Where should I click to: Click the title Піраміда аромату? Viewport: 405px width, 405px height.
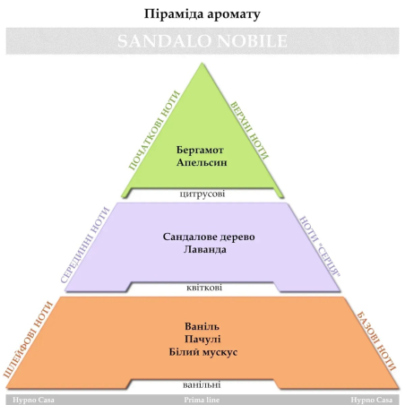[x=202, y=14]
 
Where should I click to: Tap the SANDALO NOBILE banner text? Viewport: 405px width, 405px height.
[x=202, y=41]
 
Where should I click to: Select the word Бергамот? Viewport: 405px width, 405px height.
[x=200, y=150]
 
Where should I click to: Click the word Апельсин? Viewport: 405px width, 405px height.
[x=202, y=162]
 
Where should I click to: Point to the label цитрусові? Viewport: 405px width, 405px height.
[x=202, y=194]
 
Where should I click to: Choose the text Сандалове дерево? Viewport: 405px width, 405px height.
[x=209, y=237]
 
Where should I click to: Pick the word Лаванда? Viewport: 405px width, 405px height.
[x=205, y=249]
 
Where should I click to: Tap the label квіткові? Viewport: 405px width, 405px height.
[x=204, y=288]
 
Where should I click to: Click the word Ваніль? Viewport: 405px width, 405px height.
[x=202, y=326]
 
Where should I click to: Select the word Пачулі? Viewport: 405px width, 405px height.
[x=202, y=340]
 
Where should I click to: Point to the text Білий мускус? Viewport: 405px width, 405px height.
[x=203, y=352]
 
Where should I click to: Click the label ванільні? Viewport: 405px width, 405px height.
[x=202, y=384]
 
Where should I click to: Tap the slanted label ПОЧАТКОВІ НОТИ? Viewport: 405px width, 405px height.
[x=154, y=130]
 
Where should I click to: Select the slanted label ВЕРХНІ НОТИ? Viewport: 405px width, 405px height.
[x=249, y=131]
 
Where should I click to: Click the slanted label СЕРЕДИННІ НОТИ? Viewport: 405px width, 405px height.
[x=85, y=245]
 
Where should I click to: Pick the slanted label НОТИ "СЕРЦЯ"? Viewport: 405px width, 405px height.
[x=320, y=246]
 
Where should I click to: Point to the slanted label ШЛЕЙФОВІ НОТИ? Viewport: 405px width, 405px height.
[x=28, y=340]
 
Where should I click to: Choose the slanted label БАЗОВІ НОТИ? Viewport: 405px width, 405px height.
[x=376, y=341]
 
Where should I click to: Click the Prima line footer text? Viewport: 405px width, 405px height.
[x=202, y=400]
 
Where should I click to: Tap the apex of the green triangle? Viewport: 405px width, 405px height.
[x=202, y=63]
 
